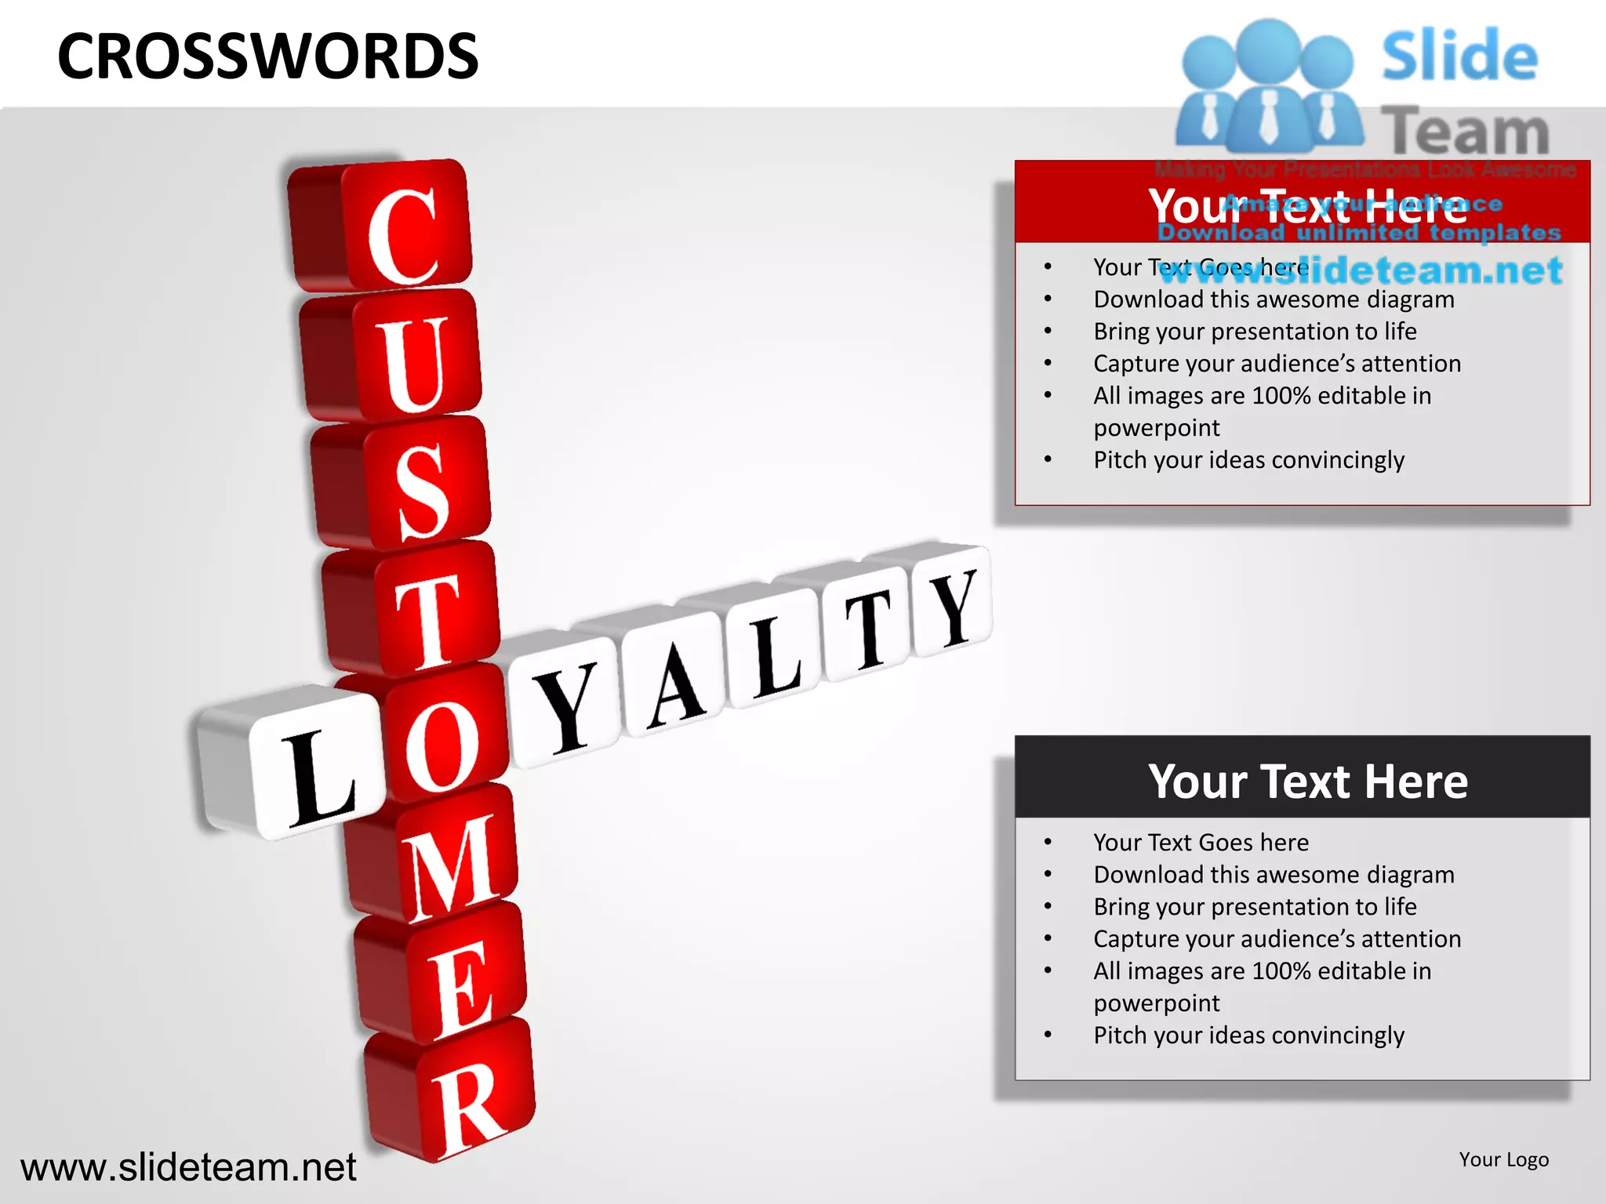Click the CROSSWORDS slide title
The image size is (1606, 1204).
tap(267, 56)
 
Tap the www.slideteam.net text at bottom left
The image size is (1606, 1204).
tap(188, 1167)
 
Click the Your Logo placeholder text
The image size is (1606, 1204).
tap(1503, 1159)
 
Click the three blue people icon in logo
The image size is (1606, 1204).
tap(1269, 86)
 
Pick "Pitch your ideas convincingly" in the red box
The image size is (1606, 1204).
tap(1248, 460)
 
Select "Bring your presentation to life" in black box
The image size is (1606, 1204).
tap(1255, 907)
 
